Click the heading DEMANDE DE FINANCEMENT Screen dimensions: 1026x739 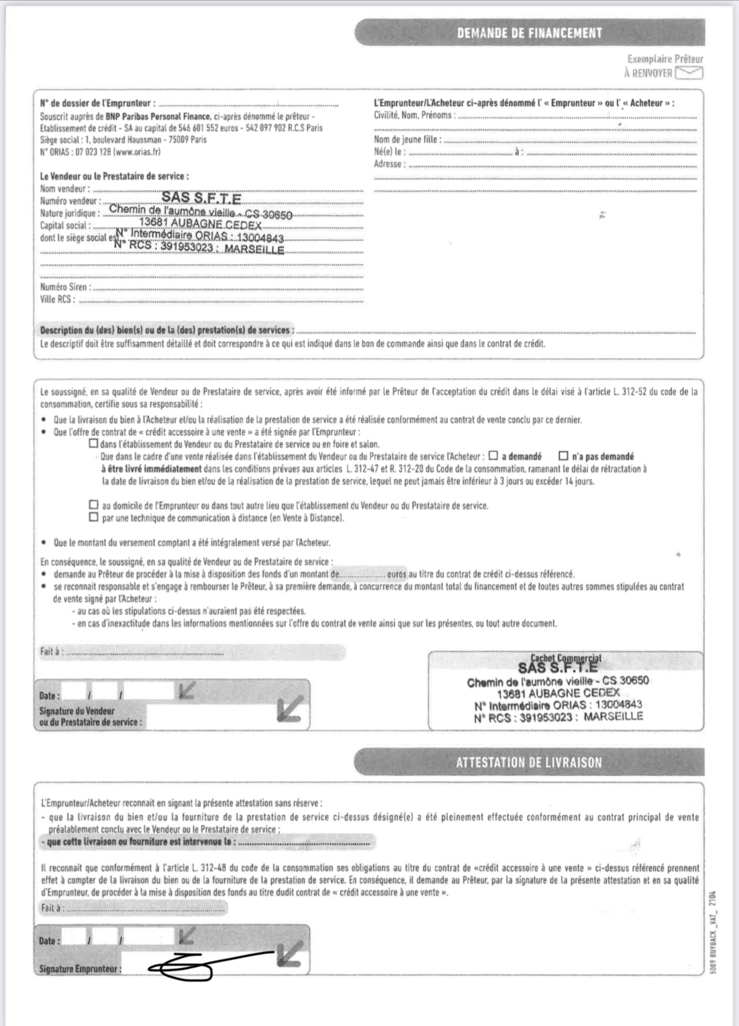point(529,33)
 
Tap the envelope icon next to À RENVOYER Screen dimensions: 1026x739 point(689,73)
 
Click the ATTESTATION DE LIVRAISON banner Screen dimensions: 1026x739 point(529,763)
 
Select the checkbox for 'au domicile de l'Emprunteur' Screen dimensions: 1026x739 point(93,504)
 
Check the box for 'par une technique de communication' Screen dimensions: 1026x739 point(93,517)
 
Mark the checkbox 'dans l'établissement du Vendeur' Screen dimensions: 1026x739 point(93,444)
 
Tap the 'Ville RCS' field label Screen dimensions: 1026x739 point(57,299)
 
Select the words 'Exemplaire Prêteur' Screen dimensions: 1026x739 point(665,59)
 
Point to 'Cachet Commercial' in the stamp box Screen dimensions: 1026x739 point(566,659)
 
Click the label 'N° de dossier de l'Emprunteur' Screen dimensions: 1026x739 point(98,103)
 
